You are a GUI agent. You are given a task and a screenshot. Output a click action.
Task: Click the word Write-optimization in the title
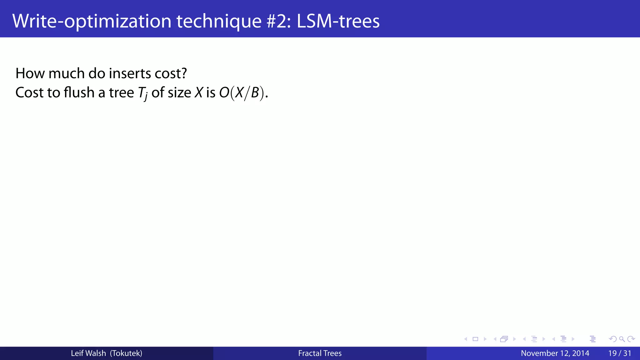92,21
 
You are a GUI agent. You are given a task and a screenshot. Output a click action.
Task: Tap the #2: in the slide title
279,21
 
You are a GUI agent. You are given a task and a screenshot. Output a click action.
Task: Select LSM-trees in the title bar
338,21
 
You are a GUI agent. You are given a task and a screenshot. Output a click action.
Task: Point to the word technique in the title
219,21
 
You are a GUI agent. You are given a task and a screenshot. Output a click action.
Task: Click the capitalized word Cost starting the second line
29,92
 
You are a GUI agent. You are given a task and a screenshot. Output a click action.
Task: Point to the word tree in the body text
121,92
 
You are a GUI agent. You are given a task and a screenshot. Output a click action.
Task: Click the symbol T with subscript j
142,93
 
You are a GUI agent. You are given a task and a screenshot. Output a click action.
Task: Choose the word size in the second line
179,92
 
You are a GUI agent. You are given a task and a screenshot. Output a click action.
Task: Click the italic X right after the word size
199,92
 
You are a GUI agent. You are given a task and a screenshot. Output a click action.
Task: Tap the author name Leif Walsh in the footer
88,353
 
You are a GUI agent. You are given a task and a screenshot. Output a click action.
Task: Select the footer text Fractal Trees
320,353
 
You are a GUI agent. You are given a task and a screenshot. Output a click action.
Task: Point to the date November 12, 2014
555,353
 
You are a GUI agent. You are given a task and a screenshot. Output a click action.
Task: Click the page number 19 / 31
620,353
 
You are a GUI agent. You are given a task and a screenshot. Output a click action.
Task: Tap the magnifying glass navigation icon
622,339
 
